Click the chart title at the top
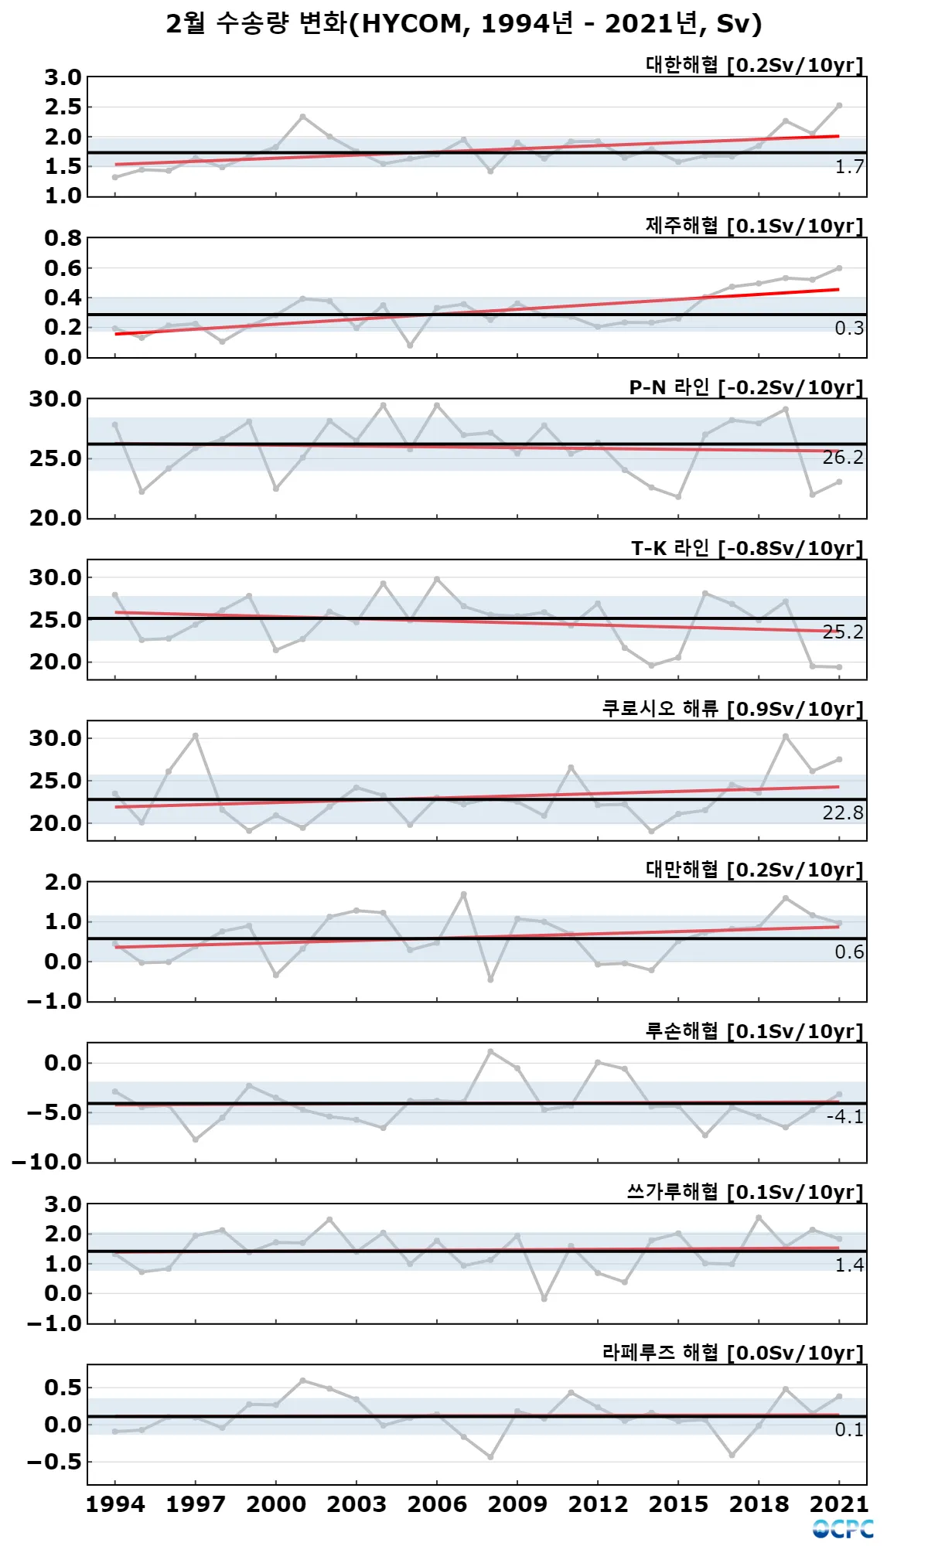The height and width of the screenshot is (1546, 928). pyautogui.click(x=464, y=24)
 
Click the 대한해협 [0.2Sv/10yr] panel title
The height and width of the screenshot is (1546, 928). pyautogui.click(x=754, y=65)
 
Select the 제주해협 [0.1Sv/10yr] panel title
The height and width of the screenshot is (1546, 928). pyautogui.click(x=754, y=226)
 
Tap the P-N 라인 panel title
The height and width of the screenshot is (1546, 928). pyautogui.click(x=745, y=387)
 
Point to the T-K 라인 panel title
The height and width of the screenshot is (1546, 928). pyautogui.click(x=746, y=548)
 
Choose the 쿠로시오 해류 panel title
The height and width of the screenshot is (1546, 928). pyautogui.click(x=732, y=709)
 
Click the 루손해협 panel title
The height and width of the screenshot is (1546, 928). pyautogui.click(x=754, y=1031)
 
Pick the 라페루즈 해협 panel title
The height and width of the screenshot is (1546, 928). pyautogui.click(x=732, y=1353)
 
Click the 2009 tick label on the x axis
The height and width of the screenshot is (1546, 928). pyautogui.click(x=517, y=1504)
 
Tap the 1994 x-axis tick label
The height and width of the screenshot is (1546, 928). pyautogui.click(x=115, y=1504)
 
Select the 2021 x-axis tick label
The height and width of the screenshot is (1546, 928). pyautogui.click(x=839, y=1504)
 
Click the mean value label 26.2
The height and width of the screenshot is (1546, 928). pyautogui.click(x=842, y=458)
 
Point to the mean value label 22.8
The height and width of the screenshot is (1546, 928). pyautogui.click(x=842, y=812)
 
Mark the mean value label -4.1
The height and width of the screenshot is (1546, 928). pyautogui.click(x=844, y=1116)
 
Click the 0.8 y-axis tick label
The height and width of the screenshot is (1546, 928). pyautogui.click(x=63, y=238)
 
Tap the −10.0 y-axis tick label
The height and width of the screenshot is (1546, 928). pyautogui.click(x=46, y=1162)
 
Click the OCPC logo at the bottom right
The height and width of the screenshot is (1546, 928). pyautogui.click(x=843, y=1528)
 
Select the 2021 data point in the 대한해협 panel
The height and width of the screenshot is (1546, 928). pyautogui.click(x=839, y=105)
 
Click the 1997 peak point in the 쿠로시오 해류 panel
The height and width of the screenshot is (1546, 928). pyautogui.click(x=196, y=735)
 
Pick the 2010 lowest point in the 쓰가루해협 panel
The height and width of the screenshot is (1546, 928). pyautogui.click(x=544, y=1299)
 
